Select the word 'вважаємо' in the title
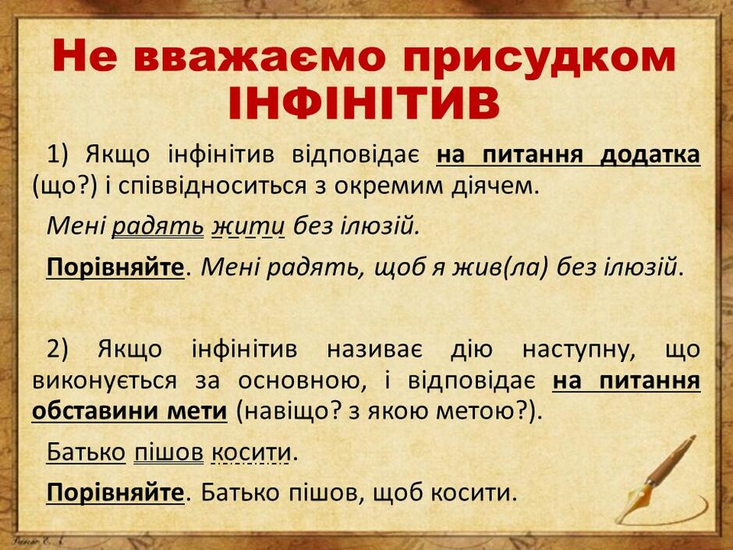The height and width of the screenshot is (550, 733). coord(263,57)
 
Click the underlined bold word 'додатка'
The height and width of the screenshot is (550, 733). coord(650,154)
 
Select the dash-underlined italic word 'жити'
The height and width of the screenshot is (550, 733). coord(248,227)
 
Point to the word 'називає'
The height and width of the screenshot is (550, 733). coord(374,350)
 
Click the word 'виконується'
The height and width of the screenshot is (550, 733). coord(104,381)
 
